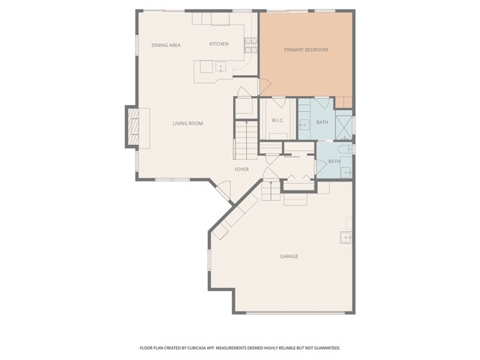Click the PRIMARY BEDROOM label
[x=306, y=49]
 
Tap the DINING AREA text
[x=166, y=45]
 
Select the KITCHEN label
[x=219, y=44]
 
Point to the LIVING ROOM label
[x=187, y=123]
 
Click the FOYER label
[x=241, y=169]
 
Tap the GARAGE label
[x=289, y=256]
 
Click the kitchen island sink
[x=220, y=67]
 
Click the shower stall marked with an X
[x=344, y=127]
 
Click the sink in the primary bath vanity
[x=304, y=125]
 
